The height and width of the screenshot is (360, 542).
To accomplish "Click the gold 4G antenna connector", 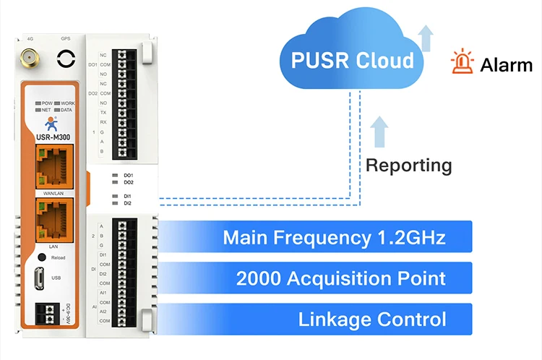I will coord(30,58).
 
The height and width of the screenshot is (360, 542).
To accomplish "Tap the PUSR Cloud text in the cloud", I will coord(353,59).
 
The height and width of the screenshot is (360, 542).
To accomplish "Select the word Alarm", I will coord(506,64).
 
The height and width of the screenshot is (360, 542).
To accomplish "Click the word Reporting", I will coord(408,165).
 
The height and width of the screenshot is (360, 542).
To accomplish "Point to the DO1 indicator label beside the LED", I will coord(128,175).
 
